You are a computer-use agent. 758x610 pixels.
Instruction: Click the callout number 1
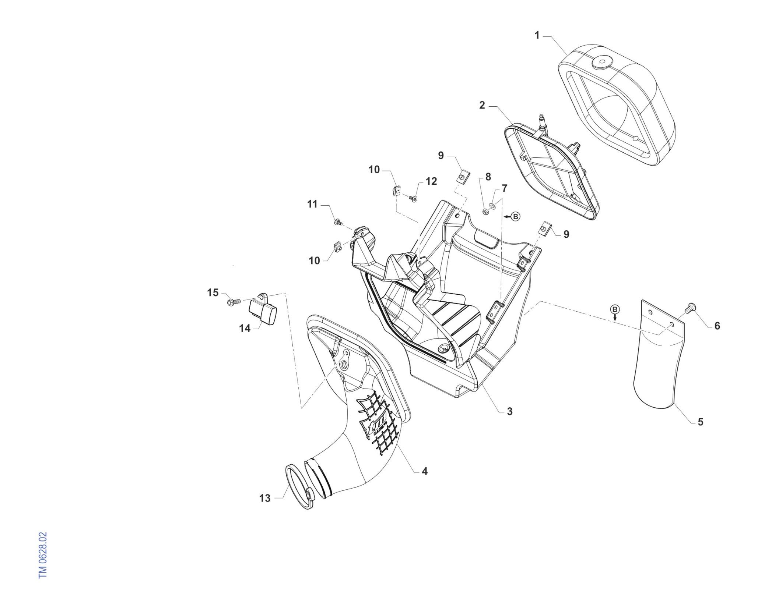click(537, 35)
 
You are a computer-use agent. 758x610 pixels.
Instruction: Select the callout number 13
click(265, 498)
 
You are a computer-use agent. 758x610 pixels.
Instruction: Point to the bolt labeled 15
click(234, 302)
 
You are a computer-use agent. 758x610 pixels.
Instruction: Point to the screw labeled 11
click(338, 222)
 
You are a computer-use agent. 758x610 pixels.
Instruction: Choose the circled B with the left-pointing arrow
click(512, 217)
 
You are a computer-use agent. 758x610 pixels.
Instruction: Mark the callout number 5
click(701, 422)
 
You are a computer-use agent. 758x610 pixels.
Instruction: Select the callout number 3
click(510, 411)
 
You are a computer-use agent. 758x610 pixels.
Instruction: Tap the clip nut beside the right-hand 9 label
click(545, 228)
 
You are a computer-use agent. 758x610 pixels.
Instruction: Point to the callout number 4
click(425, 471)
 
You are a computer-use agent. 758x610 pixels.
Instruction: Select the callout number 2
click(482, 105)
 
